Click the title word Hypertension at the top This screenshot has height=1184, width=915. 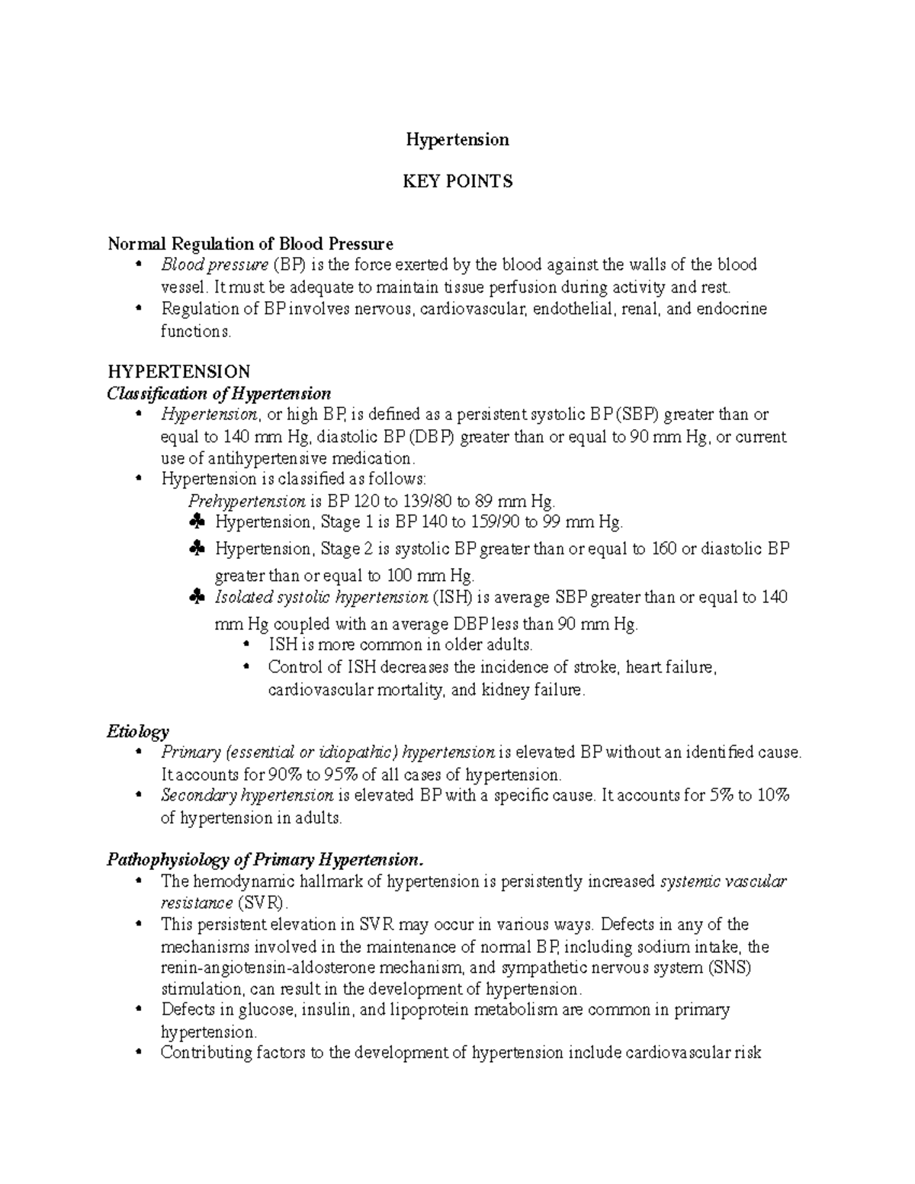click(x=457, y=140)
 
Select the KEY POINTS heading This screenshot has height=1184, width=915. click(x=457, y=181)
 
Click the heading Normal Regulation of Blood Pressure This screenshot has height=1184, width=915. click(x=251, y=244)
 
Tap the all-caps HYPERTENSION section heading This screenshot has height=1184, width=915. click(x=178, y=371)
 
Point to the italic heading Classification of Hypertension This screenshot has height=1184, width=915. click(x=219, y=393)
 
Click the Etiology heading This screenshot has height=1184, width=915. click(x=138, y=732)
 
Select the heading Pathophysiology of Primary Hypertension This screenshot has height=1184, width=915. click(x=264, y=860)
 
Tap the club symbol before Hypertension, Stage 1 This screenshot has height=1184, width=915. click(x=196, y=522)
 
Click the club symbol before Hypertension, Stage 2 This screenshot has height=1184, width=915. click(x=196, y=549)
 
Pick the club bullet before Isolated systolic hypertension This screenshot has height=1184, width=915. click(x=196, y=598)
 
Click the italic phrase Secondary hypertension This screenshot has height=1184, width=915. click(x=247, y=795)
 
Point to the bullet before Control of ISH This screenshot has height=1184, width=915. click(x=246, y=667)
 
